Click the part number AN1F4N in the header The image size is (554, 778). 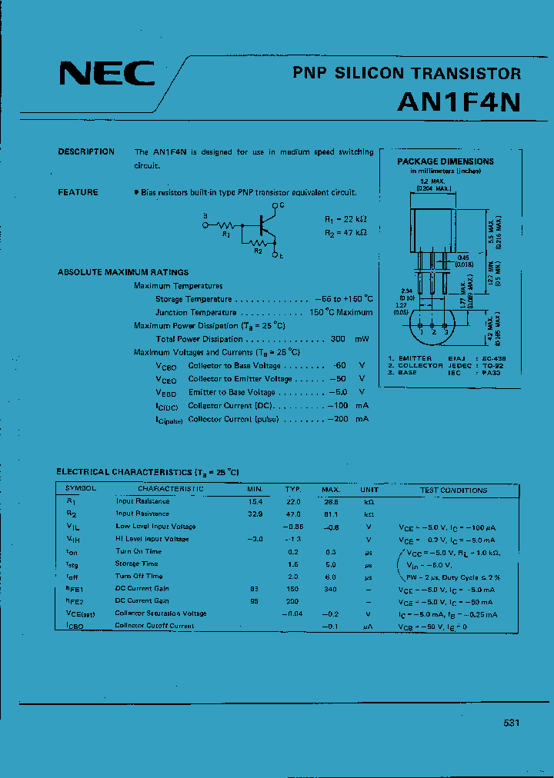point(459,103)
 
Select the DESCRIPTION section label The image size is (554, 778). point(86,152)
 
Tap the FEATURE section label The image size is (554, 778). point(78,192)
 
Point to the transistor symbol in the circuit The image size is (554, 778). point(265,225)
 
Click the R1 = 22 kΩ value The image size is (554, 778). point(345,219)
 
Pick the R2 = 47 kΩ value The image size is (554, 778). point(345,231)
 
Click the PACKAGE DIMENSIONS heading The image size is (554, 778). point(446,161)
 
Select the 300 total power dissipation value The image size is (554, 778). point(338,339)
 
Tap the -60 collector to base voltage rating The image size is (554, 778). point(339,366)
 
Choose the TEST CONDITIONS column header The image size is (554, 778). point(453,490)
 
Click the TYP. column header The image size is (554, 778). point(292,490)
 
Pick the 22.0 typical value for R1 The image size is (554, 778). point(292,501)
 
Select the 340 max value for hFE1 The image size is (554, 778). point(331,589)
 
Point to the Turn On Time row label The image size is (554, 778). point(138,551)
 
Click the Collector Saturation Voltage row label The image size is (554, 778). point(160,613)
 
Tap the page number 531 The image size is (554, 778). point(512,723)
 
